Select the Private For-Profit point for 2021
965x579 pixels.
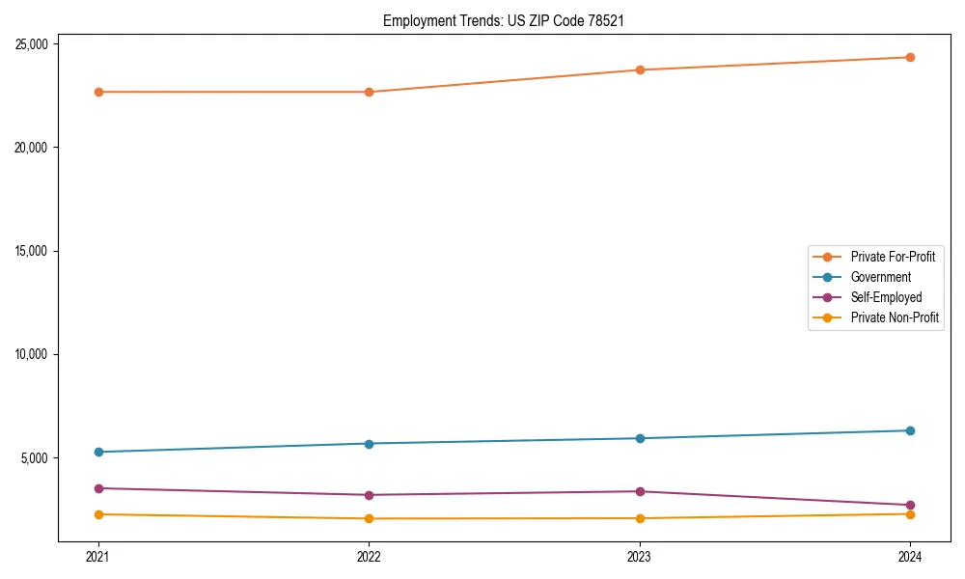[x=98, y=92]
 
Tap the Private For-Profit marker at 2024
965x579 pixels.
[x=910, y=57]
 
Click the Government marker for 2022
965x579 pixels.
[x=369, y=444]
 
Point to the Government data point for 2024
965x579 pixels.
[x=910, y=430]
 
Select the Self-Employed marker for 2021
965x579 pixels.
[x=98, y=488]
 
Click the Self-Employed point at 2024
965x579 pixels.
[x=910, y=505]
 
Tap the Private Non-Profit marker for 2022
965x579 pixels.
[x=369, y=518]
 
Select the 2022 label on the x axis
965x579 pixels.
[x=369, y=556]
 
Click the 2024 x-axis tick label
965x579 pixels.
[x=910, y=556]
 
